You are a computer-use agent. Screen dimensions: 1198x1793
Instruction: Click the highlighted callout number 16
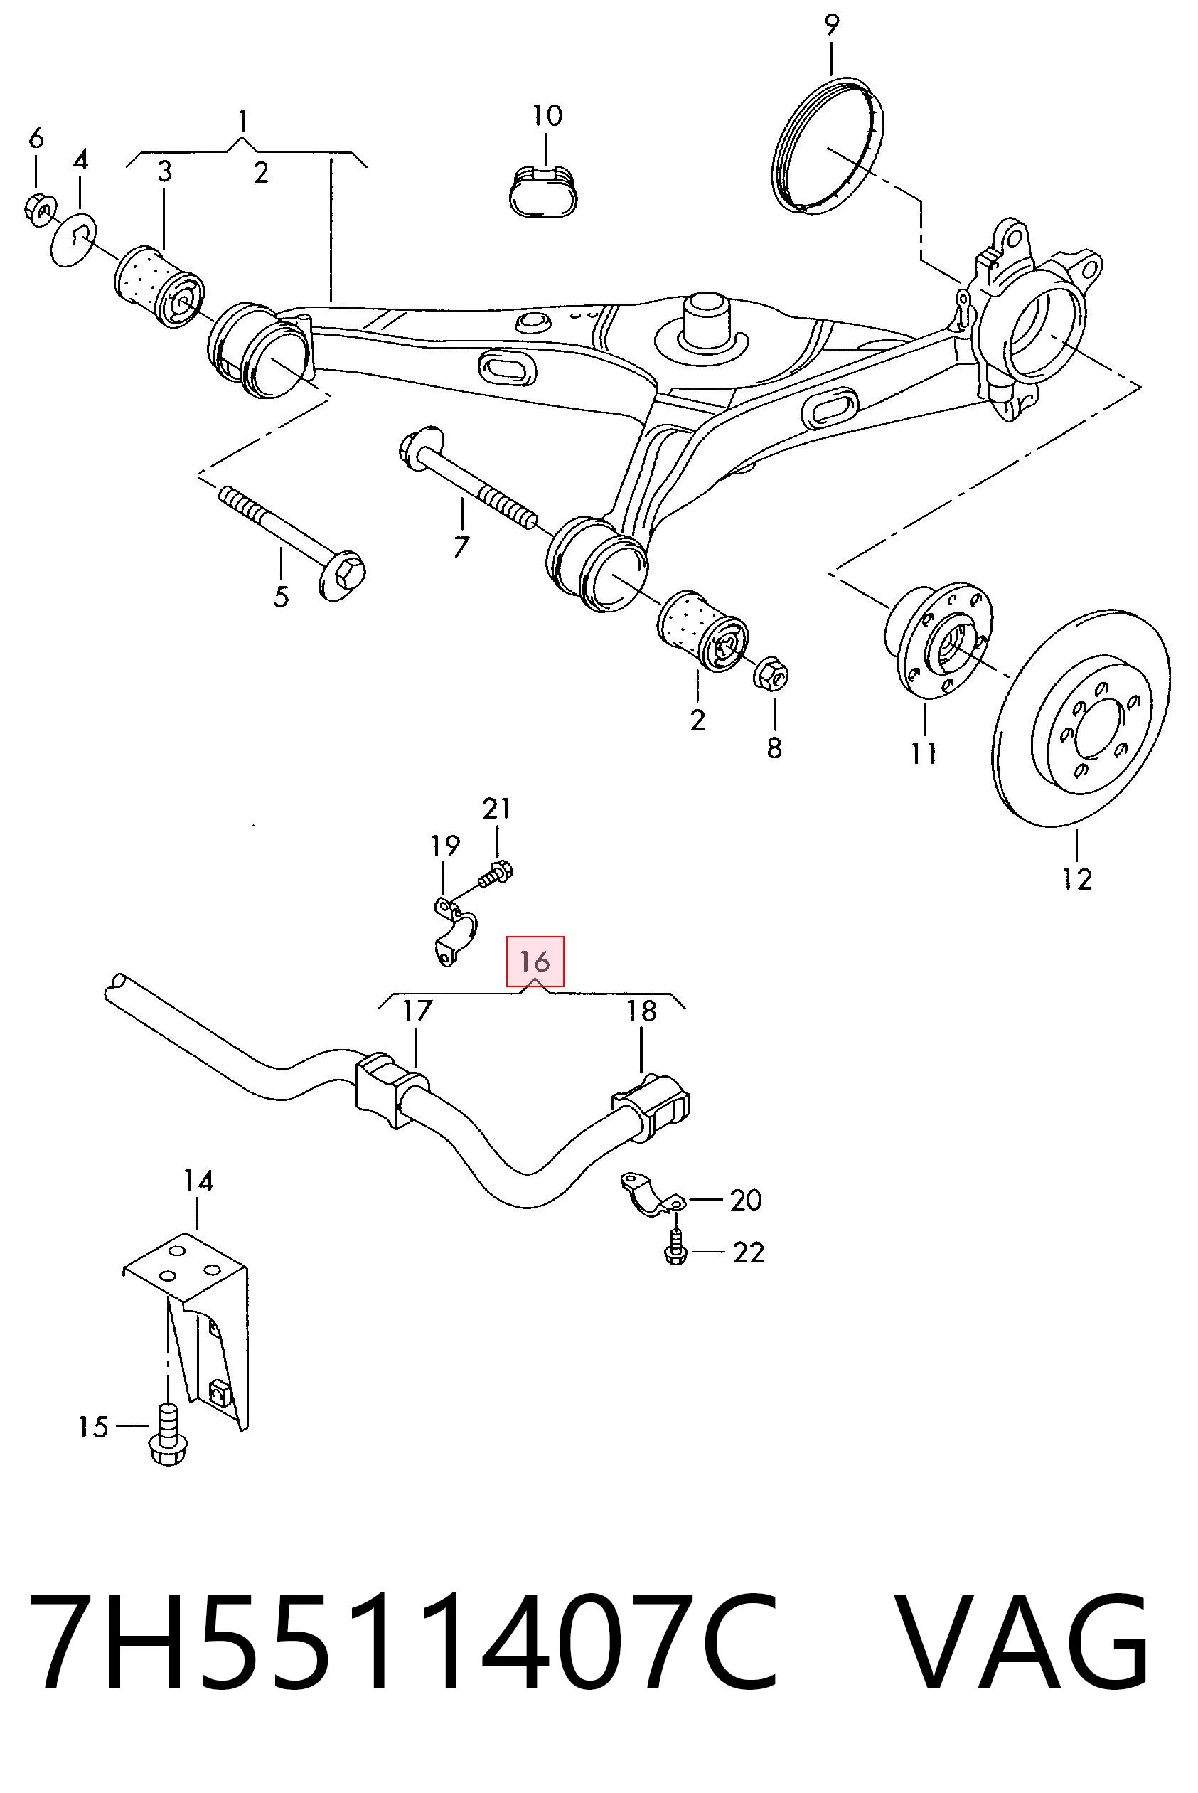(535, 961)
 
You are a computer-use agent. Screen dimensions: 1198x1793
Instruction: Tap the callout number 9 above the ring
(831, 25)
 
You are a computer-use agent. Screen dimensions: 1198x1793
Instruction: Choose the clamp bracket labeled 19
(451, 931)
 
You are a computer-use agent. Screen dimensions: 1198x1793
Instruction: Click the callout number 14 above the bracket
(198, 1181)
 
